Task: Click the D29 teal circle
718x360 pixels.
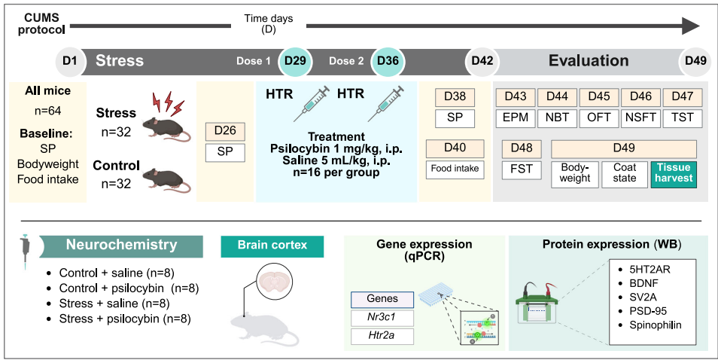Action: pyautogui.click(x=295, y=61)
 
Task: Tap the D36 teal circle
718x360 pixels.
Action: pyautogui.click(x=388, y=61)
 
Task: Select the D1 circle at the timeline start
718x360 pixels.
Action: pyautogui.click(x=70, y=61)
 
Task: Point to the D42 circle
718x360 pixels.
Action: pyautogui.click(x=482, y=61)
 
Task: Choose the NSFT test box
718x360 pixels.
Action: pyautogui.click(x=640, y=117)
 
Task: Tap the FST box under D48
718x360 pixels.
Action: pyautogui.click(x=522, y=169)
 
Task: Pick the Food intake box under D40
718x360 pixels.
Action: pyautogui.click(x=455, y=169)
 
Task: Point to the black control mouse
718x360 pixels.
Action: pyautogui.click(x=166, y=179)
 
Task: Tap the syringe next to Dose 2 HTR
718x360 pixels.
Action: pyautogui.click(x=385, y=103)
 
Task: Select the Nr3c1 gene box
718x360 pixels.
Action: pyautogui.click(x=382, y=318)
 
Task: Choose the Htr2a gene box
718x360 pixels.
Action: pyautogui.click(x=382, y=336)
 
